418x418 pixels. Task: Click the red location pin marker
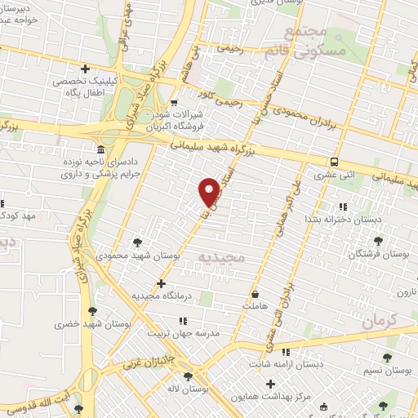(x=210, y=191)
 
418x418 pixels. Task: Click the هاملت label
(x=255, y=305)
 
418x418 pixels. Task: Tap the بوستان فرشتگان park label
(x=379, y=254)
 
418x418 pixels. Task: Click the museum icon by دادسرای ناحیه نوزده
(x=100, y=151)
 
